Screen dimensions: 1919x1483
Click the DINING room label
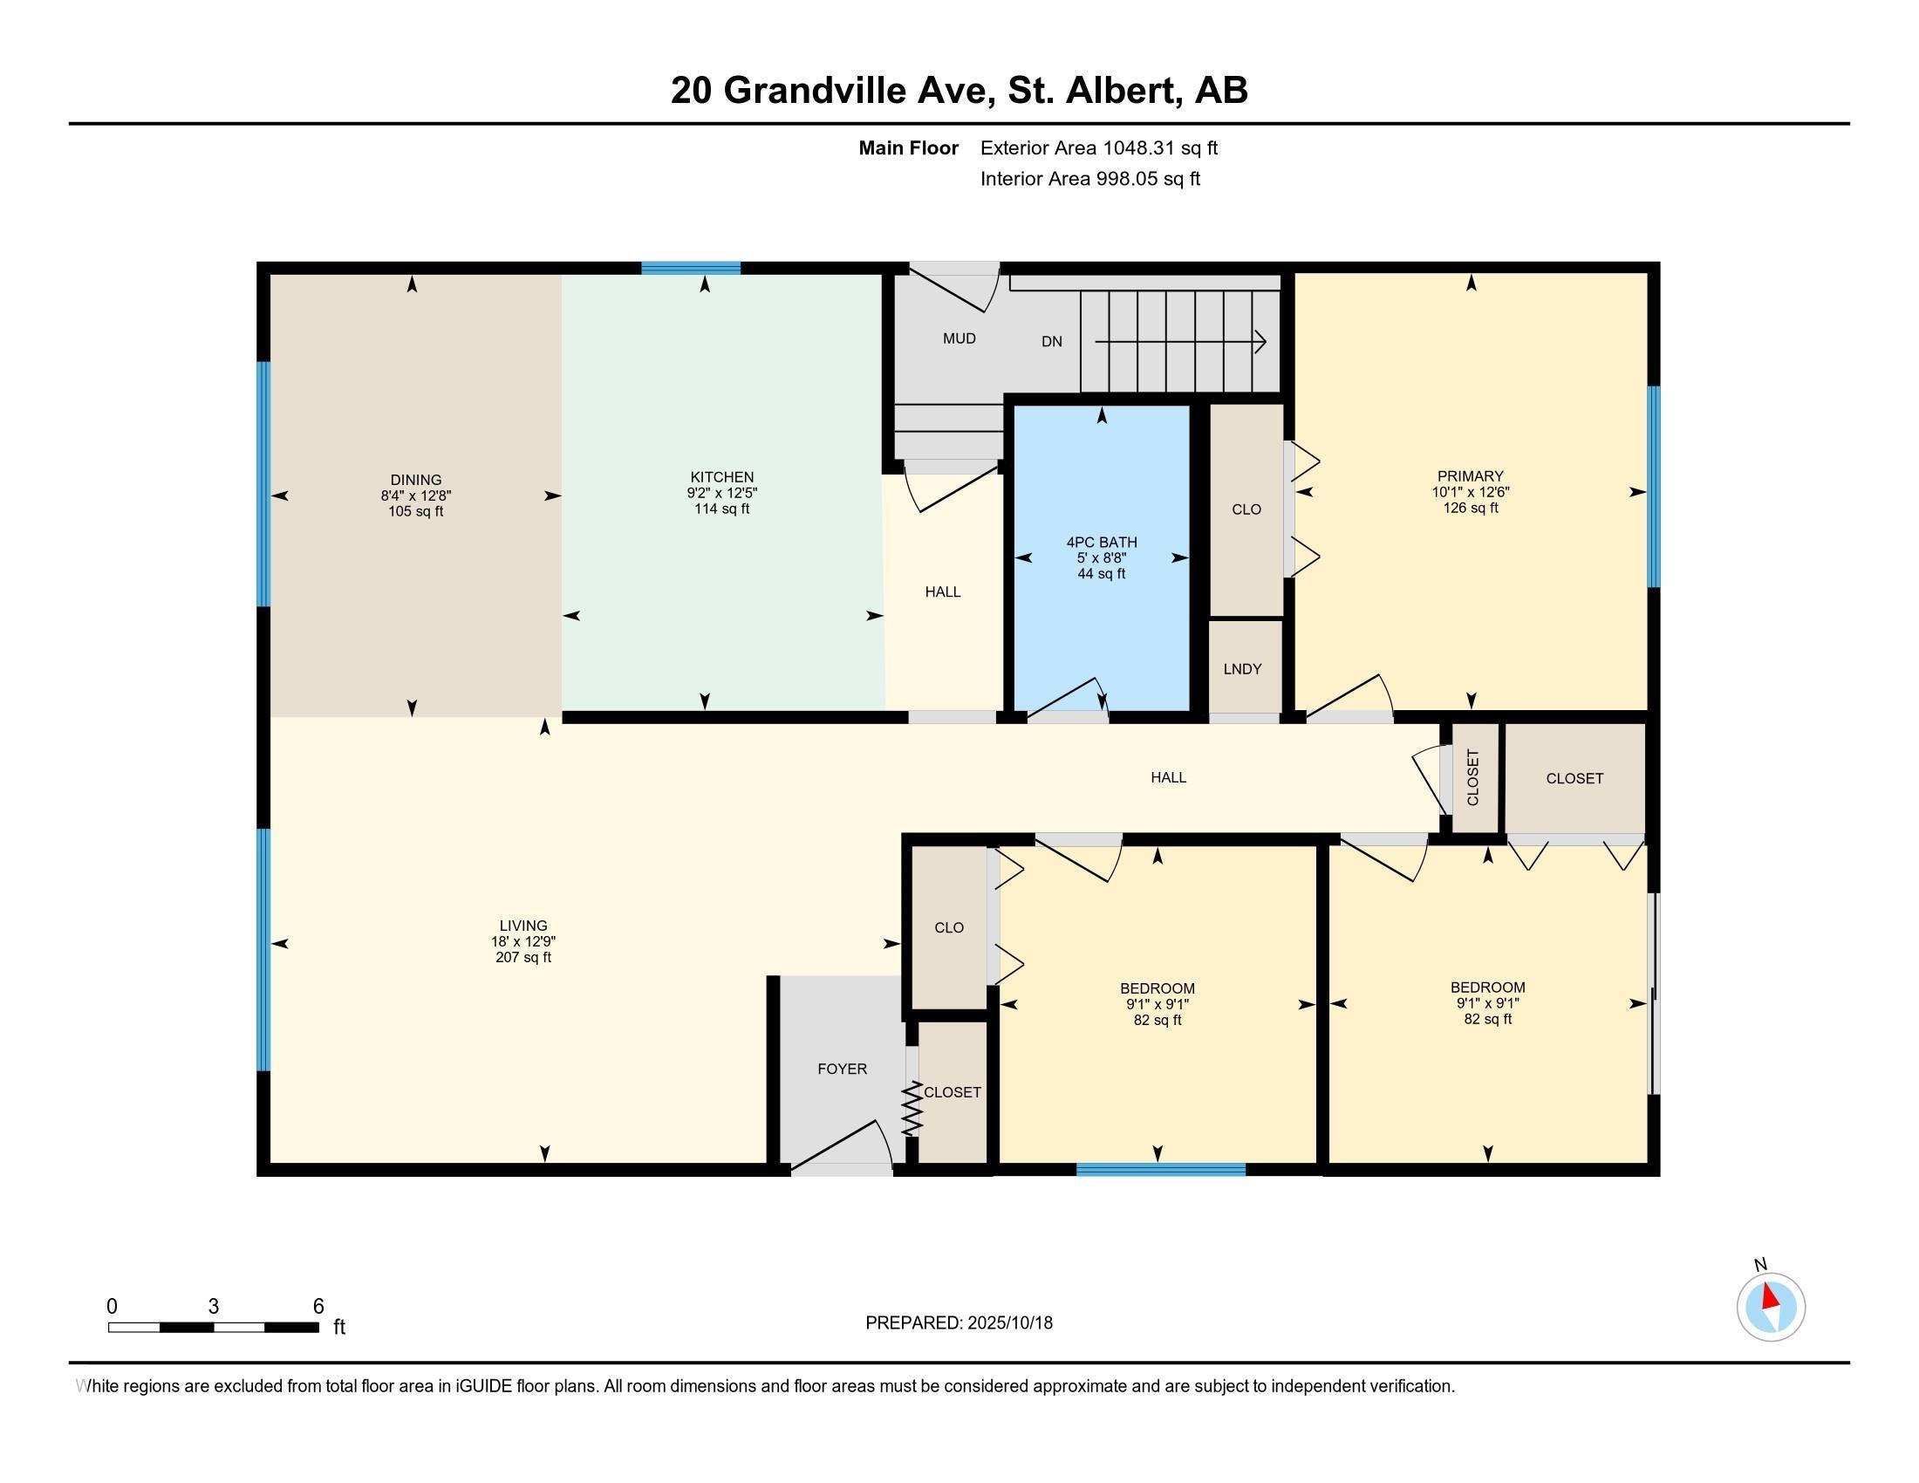click(415, 480)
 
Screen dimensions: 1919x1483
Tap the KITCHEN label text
click(722, 477)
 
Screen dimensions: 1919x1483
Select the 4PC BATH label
click(1102, 542)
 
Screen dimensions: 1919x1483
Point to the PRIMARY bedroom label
click(1470, 476)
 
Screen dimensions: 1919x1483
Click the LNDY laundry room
click(1242, 668)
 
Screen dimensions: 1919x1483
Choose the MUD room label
click(959, 338)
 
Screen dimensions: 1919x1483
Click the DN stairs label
click(1052, 341)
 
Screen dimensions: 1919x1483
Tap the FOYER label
click(842, 1069)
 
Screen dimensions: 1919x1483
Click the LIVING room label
click(523, 925)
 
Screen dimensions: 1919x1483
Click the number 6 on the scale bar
click(319, 1306)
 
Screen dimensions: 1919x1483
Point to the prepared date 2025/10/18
click(1009, 1322)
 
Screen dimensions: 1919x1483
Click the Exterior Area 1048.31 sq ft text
click(1099, 147)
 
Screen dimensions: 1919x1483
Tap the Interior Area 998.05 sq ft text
click(1090, 178)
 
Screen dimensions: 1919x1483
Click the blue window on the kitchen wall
click(691, 269)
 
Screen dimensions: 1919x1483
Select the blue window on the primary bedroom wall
click(1654, 487)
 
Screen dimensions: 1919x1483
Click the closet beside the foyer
click(953, 1092)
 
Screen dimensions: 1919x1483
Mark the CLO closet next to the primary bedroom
click(1246, 509)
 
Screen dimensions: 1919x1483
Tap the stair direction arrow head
click(1260, 341)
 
